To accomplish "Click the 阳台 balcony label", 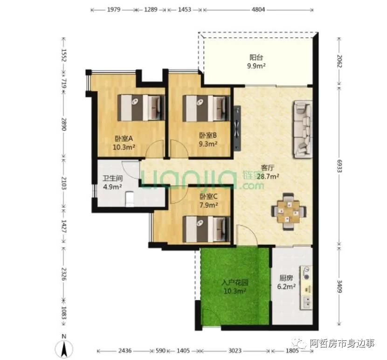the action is (256, 57).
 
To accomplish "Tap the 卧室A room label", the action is (124, 138).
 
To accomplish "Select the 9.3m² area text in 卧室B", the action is (208, 144).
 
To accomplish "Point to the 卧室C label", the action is (208, 196).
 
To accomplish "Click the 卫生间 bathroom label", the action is (112, 178).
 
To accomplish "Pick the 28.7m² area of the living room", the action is (268, 176).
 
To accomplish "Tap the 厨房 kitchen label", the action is (286, 278).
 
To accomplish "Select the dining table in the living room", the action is (289, 212).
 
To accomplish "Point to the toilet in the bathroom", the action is (129, 199).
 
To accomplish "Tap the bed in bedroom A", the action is (141, 108).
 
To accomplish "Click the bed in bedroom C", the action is (207, 229).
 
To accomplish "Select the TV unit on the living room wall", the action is (237, 128).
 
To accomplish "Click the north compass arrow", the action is (64, 349).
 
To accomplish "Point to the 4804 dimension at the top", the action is (258, 10).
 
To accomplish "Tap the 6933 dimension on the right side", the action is (339, 166).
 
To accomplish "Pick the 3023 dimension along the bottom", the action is (235, 351).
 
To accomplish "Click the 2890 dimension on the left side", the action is (64, 124).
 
